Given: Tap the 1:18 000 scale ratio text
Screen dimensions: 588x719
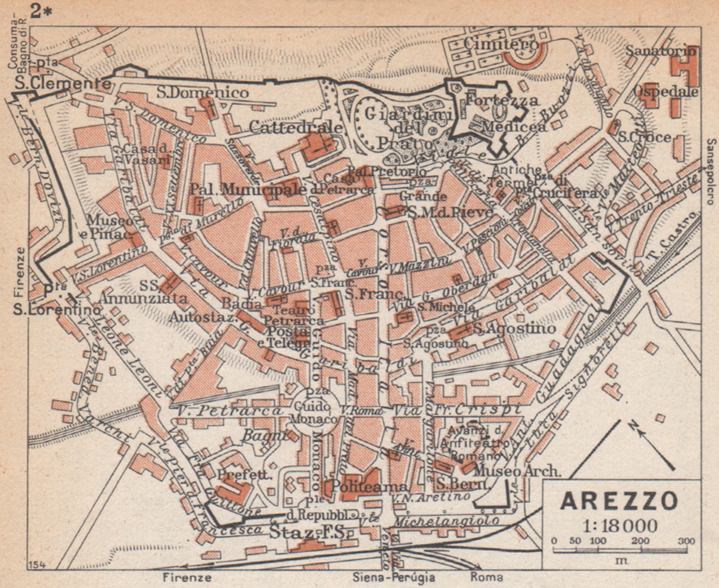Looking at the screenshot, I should click(x=620, y=525).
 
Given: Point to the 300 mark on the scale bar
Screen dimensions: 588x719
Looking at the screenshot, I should click(x=686, y=541).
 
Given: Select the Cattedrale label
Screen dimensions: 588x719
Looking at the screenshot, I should click(x=295, y=128).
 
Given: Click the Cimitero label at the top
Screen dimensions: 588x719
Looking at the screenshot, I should click(x=501, y=44).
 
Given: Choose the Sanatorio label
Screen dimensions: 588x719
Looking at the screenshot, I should click(x=661, y=51).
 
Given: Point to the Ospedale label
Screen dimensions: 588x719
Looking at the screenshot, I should click(x=666, y=92).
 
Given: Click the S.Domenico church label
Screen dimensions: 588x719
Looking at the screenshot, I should click(x=203, y=93).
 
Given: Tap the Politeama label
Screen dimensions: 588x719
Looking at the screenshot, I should click(x=369, y=486).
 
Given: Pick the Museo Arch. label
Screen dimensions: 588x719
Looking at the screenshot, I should click(x=517, y=471).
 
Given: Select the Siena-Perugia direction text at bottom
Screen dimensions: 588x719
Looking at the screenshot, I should click(x=394, y=577).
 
